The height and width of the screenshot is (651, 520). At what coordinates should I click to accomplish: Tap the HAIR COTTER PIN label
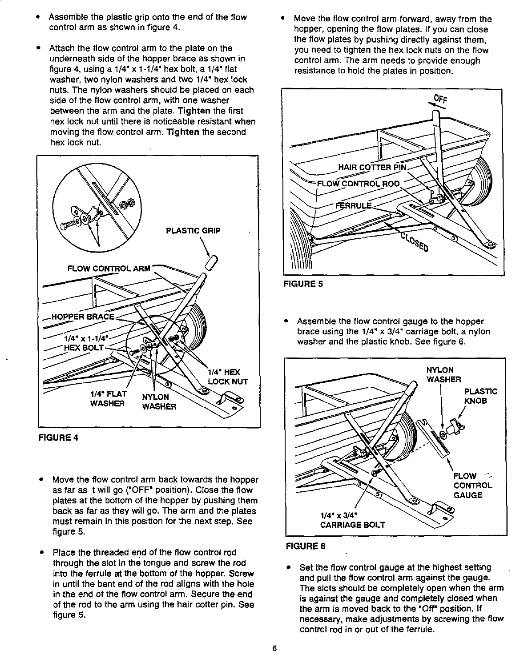(x=372, y=167)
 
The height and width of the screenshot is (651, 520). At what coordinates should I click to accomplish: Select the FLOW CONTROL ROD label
(x=358, y=184)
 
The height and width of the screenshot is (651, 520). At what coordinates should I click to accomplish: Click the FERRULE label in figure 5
(x=353, y=205)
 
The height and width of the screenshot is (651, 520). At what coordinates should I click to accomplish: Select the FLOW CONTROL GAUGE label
(x=472, y=485)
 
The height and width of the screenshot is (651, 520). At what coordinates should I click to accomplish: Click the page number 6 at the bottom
(x=275, y=647)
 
